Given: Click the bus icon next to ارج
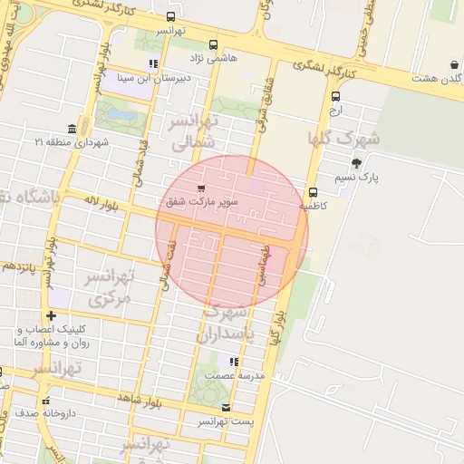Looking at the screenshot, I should coord(336,96).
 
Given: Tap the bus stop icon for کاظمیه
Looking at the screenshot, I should coord(313,192).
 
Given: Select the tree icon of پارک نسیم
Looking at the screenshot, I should coord(356,164).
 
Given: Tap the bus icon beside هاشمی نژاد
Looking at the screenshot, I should coord(213,43).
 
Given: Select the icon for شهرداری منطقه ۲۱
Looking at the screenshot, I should coord(72,129).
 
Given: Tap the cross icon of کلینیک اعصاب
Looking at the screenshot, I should coord(51,314).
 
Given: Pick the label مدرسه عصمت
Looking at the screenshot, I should coord(234,375).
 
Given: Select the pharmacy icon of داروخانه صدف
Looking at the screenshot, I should coord(45,400).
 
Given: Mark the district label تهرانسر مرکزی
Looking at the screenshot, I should coord(110,286).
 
